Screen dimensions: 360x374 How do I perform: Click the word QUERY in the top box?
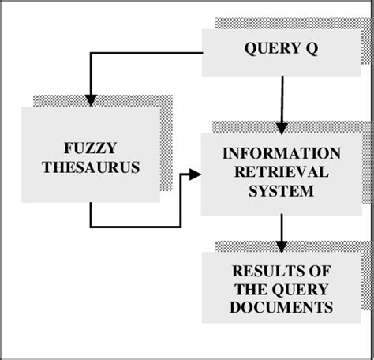coord(267,50)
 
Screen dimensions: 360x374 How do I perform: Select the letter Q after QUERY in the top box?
coord(313,50)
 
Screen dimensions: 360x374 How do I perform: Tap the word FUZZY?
coord(91,149)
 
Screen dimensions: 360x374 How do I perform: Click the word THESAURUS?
coord(91,167)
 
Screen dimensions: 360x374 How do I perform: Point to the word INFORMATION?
coord(282,153)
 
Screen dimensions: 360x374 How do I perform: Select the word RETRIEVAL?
coord(282,172)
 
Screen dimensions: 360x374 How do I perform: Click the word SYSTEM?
coord(282,191)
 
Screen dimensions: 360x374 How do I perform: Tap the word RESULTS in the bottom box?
coord(282,271)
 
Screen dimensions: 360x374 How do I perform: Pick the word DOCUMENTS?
coord(282,307)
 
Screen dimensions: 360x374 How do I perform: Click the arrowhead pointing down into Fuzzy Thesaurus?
coord(91,99)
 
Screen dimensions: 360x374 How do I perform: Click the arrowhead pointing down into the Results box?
coord(282,246)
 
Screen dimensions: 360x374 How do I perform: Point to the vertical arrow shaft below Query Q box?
coord(282,99)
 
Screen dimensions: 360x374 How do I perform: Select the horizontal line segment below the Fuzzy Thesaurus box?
coord(134,227)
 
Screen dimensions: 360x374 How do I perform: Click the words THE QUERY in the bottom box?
coord(282,289)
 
